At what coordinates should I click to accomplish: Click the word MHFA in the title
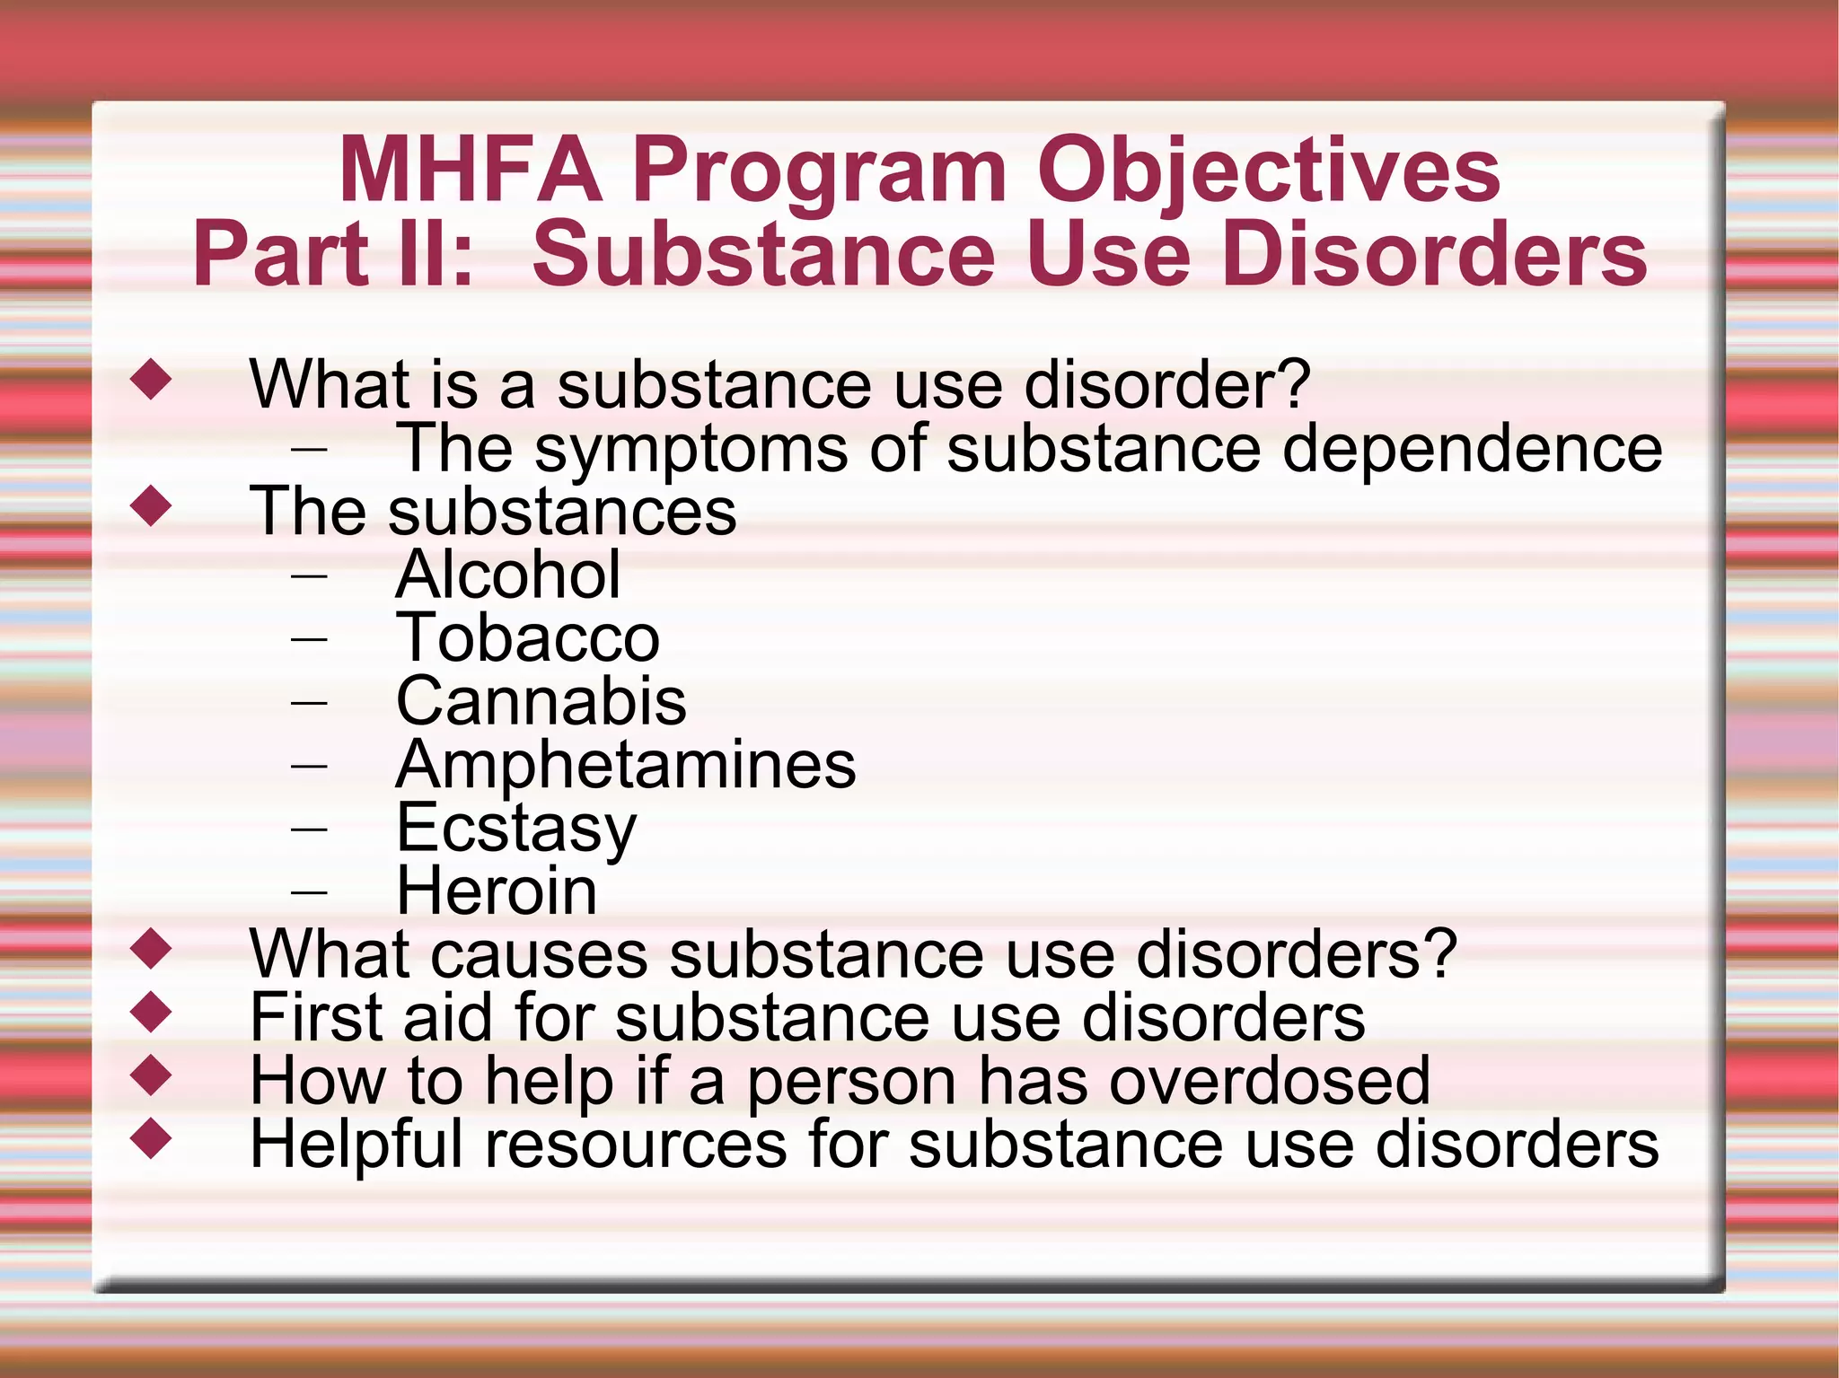(471, 170)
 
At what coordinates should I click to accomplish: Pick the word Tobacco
(528, 638)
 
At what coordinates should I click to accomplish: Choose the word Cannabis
(541, 701)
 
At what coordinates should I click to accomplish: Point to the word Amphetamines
(626, 765)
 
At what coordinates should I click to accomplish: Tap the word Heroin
(497, 891)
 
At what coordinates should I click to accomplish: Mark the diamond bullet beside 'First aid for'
(150, 1012)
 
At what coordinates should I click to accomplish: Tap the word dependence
(1473, 448)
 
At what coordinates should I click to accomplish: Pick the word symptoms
(691, 450)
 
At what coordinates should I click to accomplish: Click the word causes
(539, 954)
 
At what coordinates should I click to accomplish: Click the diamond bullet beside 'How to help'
(150, 1075)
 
